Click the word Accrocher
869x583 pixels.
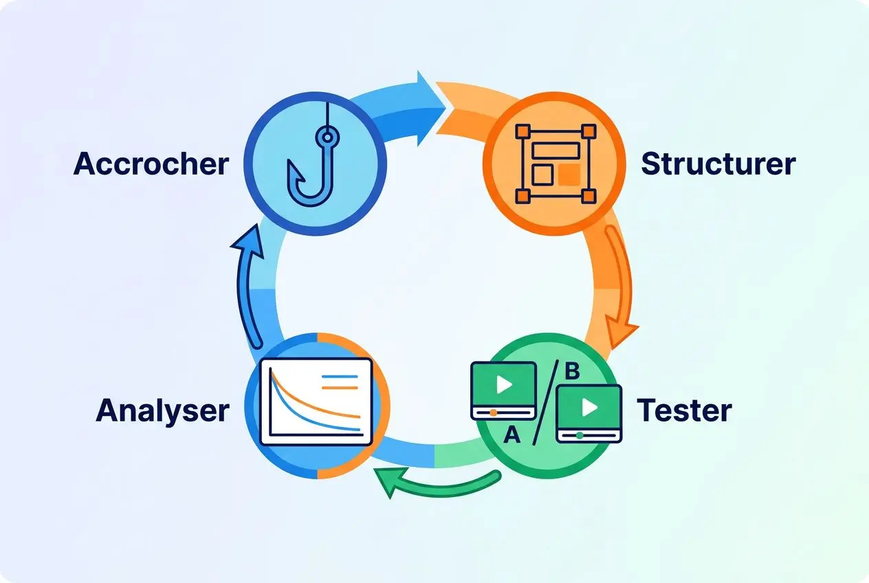pyautogui.click(x=151, y=164)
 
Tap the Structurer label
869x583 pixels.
pyautogui.click(x=718, y=164)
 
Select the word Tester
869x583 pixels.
pyautogui.click(x=684, y=410)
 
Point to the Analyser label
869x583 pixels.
pyautogui.click(x=162, y=410)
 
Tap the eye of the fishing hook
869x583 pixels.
pyautogui.click(x=327, y=137)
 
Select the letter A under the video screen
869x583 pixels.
pyautogui.click(x=512, y=434)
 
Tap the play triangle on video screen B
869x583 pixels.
pyautogui.click(x=590, y=407)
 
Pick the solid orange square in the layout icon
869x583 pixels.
pyautogui.click(x=569, y=175)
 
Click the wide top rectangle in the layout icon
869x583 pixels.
pyautogui.click(x=556, y=150)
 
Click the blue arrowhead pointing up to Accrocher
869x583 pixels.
pyautogui.click(x=248, y=241)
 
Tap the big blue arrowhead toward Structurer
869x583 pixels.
pyautogui.click(x=430, y=109)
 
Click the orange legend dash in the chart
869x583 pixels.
pyautogui.click(x=340, y=388)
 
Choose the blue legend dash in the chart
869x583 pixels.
pyautogui.click(x=340, y=377)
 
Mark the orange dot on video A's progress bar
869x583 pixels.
pyautogui.click(x=493, y=413)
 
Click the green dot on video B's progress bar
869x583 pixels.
pyautogui.click(x=580, y=436)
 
